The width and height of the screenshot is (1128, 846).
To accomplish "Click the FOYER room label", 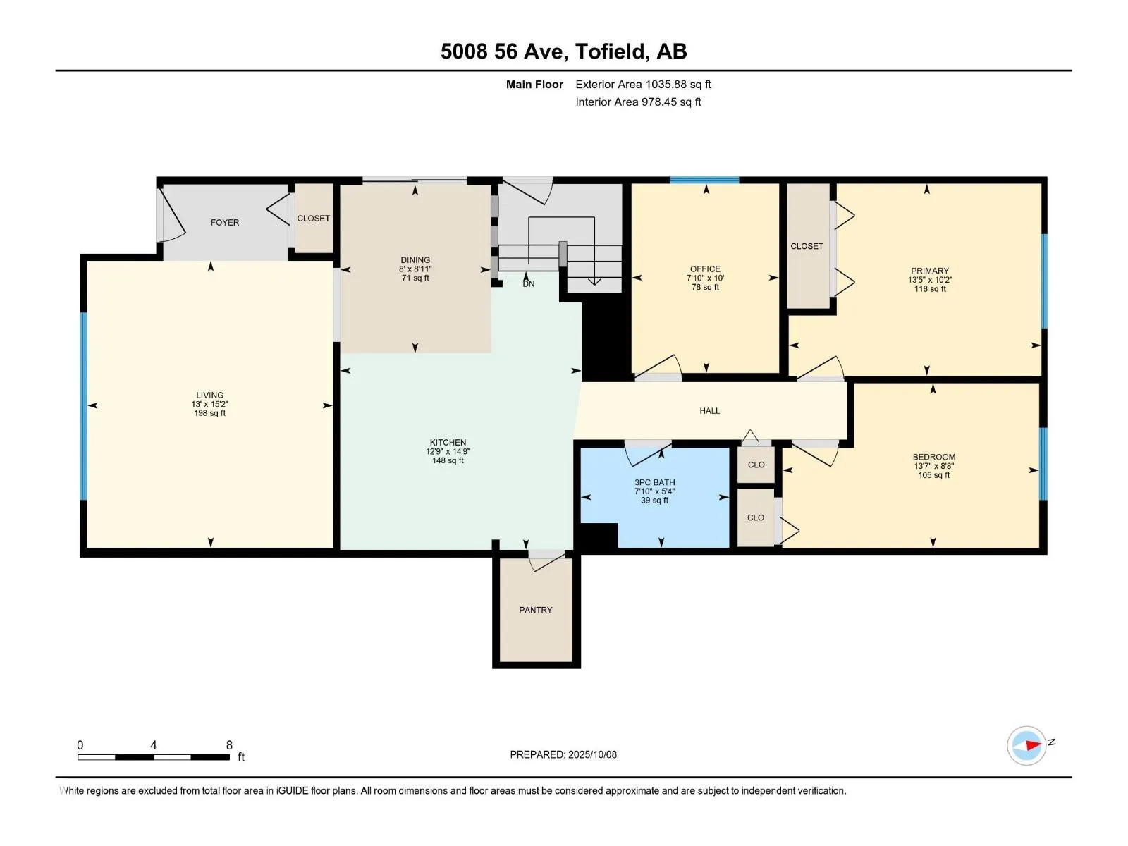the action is [x=225, y=222].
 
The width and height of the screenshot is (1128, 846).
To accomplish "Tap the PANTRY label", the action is [x=536, y=611].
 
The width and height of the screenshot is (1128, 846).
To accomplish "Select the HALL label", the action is [x=710, y=411].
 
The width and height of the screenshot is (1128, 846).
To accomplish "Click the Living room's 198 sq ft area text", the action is [x=209, y=414].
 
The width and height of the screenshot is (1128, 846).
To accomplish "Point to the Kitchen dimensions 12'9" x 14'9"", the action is [x=448, y=452].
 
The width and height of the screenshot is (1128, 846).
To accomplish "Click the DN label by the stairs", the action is [x=529, y=284].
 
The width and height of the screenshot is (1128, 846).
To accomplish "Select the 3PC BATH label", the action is [x=655, y=483].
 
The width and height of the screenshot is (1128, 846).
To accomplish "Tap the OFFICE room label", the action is [x=705, y=269].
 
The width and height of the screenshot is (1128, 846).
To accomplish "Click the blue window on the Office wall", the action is [x=704, y=180].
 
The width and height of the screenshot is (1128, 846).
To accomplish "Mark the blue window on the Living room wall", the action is [x=83, y=406].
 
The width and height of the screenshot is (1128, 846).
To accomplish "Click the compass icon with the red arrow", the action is [x=1026, y=745].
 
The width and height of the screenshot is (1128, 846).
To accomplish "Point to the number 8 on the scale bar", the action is [x=229, y=745].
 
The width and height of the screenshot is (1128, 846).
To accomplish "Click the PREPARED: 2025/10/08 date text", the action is [x=563, y=755].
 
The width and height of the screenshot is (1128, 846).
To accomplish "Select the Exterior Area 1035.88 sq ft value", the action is [x=644, y=85].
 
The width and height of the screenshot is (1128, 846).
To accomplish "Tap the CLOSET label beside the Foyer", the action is [x=314, y=219].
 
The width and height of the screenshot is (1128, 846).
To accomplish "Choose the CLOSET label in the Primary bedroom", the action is [x=807, y=247].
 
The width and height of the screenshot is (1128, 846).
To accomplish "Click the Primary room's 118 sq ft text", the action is [x=930, y=289].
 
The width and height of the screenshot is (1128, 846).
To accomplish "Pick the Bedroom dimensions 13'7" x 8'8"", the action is [x=933, y=467].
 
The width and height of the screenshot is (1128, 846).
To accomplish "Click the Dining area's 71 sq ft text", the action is [x=415, y=278].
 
